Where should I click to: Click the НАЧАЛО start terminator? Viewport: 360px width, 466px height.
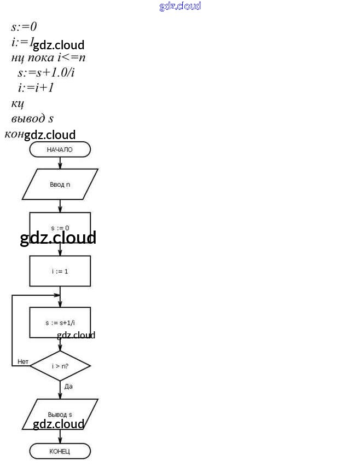click(60, 149)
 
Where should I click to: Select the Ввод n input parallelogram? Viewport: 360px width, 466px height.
click(60, 184)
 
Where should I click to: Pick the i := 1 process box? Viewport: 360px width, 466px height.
click(60, 271)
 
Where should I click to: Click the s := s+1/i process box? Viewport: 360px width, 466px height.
click(60, 322)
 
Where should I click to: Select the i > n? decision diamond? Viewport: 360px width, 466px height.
click(60, 366)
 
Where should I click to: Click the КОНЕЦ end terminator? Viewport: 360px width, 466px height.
click(60, 451)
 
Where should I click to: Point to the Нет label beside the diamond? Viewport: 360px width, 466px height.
click(23, 361)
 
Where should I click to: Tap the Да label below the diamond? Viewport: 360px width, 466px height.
click(68, 386)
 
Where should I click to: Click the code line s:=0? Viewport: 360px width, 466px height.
click(24, 26)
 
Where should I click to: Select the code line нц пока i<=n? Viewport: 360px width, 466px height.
click(48, 57)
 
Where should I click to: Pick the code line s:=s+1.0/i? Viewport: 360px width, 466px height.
click(45, 72)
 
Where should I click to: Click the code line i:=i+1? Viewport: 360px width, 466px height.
click(36, 88)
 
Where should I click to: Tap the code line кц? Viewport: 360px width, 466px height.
click(17, 103)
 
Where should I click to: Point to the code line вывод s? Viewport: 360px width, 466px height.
click(32, 118)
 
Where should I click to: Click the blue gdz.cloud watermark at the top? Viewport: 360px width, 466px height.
click(180, 6)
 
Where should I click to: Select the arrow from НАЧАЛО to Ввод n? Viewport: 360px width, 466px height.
click(60, 163)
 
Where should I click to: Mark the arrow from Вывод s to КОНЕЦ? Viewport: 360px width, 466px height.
click(60, 436)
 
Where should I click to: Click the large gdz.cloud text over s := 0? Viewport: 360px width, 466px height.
click(58, 238)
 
